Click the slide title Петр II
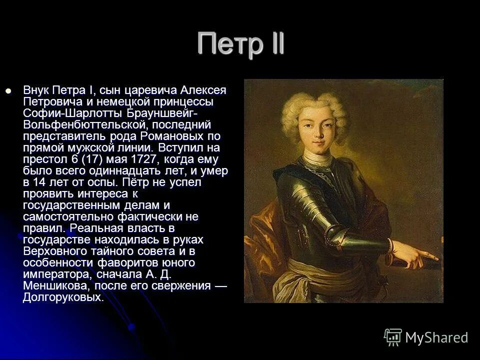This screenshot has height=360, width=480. coord(240,43)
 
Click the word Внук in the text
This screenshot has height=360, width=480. coord(36,91)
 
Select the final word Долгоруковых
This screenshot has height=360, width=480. coord(62,297)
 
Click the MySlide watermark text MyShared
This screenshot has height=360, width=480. coord(436,338)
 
